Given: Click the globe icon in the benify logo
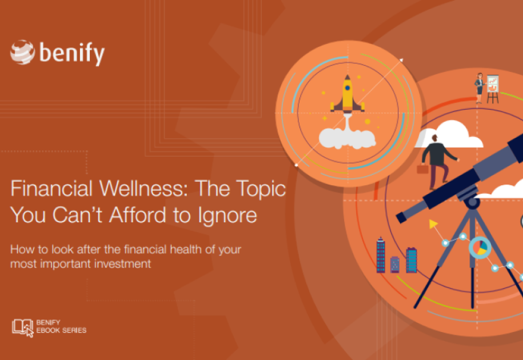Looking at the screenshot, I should point(22,52).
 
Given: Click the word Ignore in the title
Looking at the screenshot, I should point(229,216).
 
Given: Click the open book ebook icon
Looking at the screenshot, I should point(22,327).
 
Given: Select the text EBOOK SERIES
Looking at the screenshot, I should point(61,330).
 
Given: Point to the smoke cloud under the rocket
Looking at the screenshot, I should point(346,138).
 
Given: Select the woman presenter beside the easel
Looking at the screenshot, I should point(479,87).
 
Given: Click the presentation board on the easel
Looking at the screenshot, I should point(493,84).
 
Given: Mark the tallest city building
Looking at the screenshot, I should point(381,254).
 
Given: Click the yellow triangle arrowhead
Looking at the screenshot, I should point(433,225).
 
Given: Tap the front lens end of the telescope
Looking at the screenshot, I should point(404,215).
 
